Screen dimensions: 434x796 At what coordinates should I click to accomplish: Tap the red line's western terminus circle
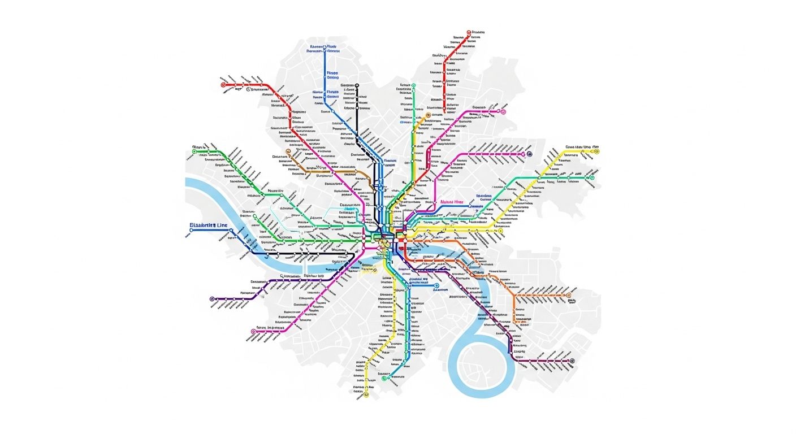(x=223, y=85)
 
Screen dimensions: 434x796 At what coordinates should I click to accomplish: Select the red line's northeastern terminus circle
(x=469, y=33)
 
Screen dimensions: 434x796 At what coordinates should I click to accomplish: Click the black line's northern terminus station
(x=357, y=85)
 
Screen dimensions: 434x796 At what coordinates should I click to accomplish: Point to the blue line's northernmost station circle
(x=325, y=50)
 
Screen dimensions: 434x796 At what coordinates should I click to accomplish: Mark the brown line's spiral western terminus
(x=288, y=151)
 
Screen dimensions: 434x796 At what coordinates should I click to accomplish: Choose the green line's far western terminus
(x=194, y=151)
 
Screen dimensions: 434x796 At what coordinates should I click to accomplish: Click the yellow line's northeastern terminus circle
(x=596, y=151)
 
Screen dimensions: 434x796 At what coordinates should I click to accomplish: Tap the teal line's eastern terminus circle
(x=592, y=177)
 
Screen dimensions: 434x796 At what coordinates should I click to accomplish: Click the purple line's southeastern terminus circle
(x=572, y=361)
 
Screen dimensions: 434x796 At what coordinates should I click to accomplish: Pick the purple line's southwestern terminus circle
(x=213, y=299)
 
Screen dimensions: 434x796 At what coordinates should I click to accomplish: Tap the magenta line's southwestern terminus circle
(x=253, y=332)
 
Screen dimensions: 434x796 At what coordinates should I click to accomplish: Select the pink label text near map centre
(x=451, y=202)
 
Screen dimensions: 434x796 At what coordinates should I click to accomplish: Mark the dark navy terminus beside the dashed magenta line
(x=530, y=154)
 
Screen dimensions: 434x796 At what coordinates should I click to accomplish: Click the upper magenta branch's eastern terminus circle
(x=503, y=112)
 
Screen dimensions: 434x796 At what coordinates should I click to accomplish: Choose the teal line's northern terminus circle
(x=413, y=85)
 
